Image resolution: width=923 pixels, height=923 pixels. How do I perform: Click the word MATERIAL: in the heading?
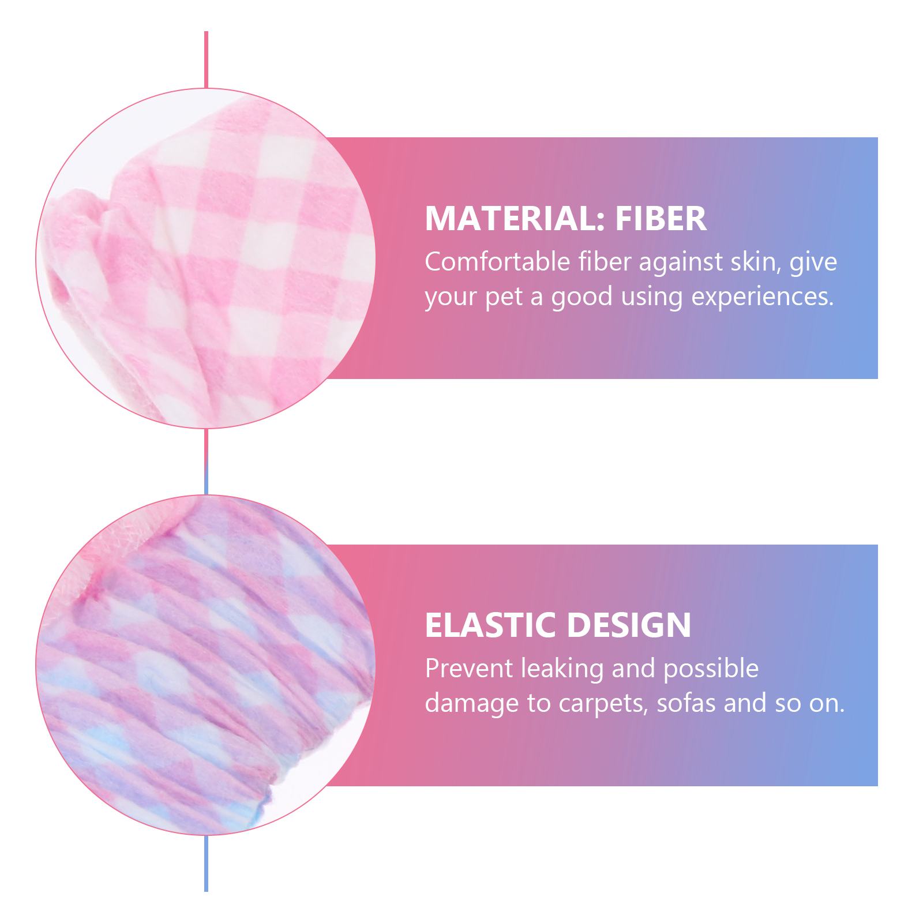pyautogui.click(x=515, y=219)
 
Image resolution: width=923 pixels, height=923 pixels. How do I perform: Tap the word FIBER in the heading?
pyautogui.click(x=661, y=219)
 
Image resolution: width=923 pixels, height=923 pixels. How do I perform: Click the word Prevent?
pyautogui.click(x=469, y=669)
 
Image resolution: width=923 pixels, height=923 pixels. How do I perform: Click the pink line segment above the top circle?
pyautogui.click(x=206, y=60)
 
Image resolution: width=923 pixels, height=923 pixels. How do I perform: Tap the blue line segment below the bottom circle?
pyautogui.click(x=206, y=863)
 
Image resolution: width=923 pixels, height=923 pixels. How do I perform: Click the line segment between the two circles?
pyautogui.click(x=206, y=461)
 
